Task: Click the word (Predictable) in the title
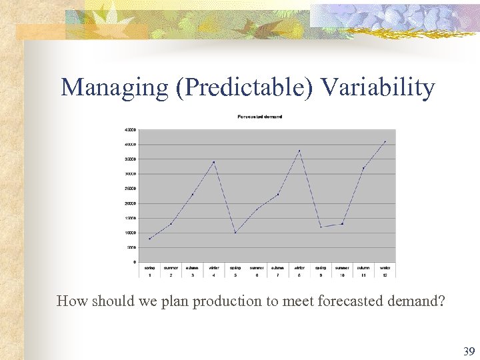[244, 87]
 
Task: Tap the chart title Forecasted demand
[260, 117]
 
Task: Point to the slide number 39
[469, 351]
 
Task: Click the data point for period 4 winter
[213, 162]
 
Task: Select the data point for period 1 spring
[149, 239]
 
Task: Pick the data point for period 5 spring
[235, 233]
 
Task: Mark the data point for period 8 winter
[299, 151]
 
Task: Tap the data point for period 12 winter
[385, 141]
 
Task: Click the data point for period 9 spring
[321, 227]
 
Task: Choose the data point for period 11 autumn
[363, 168]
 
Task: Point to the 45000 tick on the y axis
[131, 129]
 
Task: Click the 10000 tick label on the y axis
[131, 233]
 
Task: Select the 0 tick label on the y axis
[134, 262]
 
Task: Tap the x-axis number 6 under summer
[257, 275]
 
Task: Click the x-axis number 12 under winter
[385, 275]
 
